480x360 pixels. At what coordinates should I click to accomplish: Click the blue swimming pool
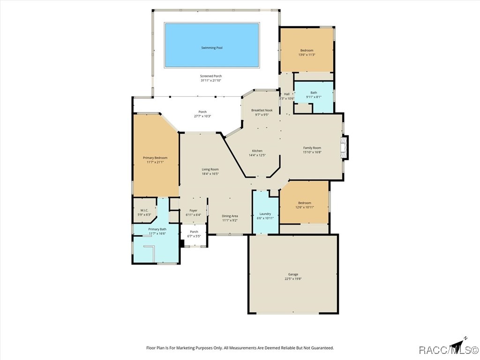[x=211, y=45]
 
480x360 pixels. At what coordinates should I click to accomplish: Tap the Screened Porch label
[x=211, y=76]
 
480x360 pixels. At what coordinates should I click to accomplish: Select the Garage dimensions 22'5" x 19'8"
[x=293, y=279]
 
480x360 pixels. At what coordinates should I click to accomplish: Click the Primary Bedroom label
[x=155, y=158]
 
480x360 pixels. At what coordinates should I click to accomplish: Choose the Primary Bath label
[x=157, y=229]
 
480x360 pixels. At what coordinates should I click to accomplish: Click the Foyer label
[x=193, y=210]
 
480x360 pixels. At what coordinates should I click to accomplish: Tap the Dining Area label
[x=230, y=216]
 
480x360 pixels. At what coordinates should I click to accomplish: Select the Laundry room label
[x=265, y=214]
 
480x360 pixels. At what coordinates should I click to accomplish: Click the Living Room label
[x=210, y=169]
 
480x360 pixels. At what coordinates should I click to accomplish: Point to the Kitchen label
[x=257, y=151]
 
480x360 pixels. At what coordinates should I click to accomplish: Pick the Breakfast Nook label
[x=262, y=110]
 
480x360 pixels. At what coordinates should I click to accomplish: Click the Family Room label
[x=312, y=148]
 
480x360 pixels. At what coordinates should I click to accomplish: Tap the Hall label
[x=286, y=94]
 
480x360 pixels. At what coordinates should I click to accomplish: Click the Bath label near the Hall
[x=314, y=93]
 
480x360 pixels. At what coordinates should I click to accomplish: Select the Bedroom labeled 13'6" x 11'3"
[x=307, y=51]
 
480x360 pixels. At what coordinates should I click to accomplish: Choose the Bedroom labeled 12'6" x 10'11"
[x=304, y=203]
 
